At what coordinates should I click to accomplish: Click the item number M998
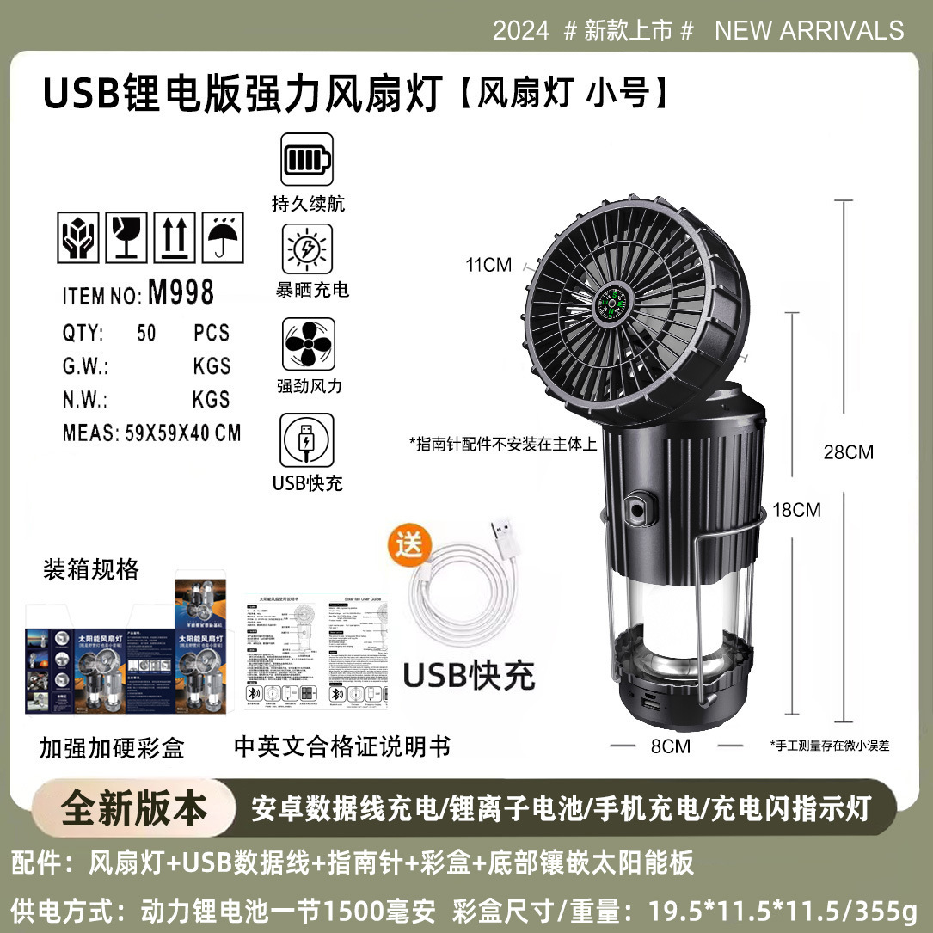[181, 293]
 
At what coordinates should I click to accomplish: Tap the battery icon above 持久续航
[306, 159]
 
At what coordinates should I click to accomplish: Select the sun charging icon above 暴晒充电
[307, 249]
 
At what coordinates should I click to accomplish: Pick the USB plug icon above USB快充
[307, 440]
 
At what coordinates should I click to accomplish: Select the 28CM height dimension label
[848, 452]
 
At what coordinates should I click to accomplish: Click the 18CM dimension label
[796, 510]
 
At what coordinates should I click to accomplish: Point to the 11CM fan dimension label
[488, 265]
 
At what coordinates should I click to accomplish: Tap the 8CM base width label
[670, 746]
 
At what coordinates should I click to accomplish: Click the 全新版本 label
[134, 808]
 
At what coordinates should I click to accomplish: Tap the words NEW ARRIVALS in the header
[809, 31]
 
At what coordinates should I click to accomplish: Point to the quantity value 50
[147, 333]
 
